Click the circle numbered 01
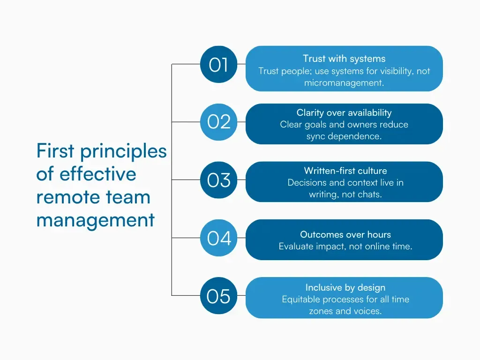pos(219,65)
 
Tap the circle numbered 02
pos(219,122)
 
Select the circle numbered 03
pos(219,180)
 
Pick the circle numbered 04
pos(219,238)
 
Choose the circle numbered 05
pos(219,296)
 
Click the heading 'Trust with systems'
pos(344,59)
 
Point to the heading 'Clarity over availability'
pos(344,112)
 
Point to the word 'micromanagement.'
pos(344,83)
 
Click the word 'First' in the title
pos(55,151)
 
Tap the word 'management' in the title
pos(95,219)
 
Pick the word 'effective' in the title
pos(97,174)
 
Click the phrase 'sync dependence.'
pos(344,136)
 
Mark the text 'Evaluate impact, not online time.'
pos(345,246)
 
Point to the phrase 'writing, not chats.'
pos(345,195)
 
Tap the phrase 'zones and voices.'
pos(345,311)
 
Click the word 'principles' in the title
pos(123,151)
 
